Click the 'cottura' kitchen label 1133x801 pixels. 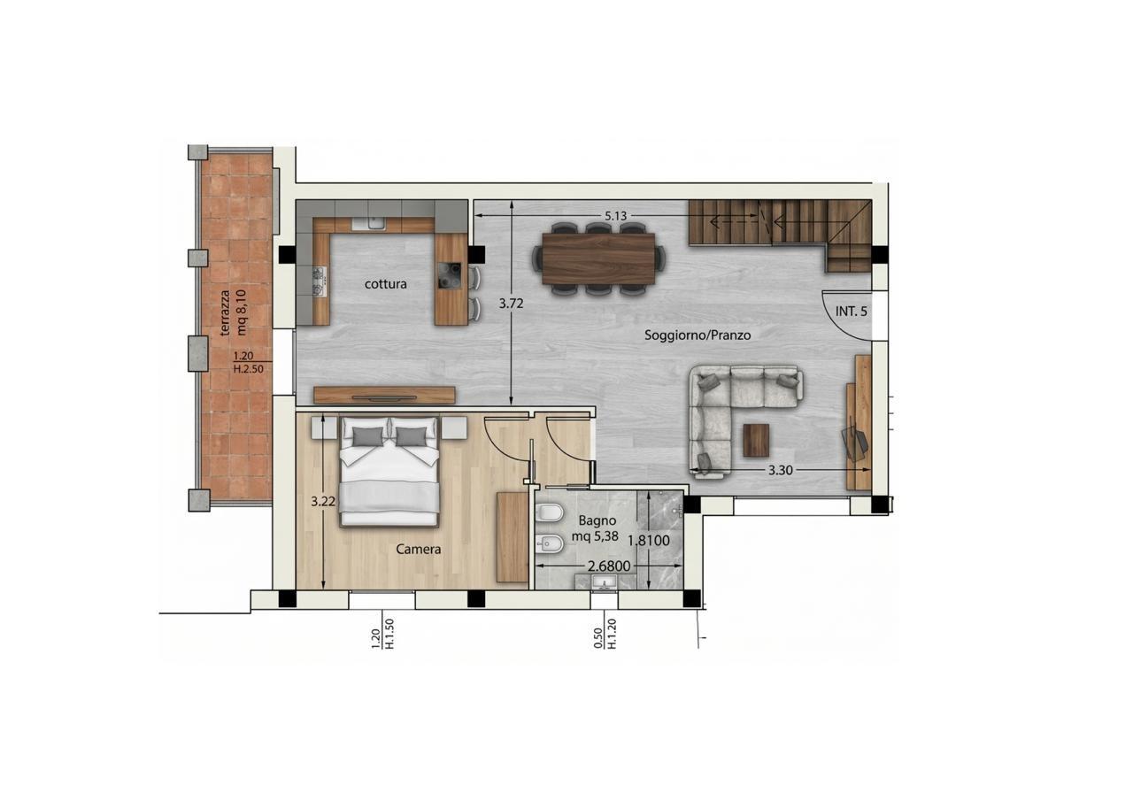[x=385, y=284]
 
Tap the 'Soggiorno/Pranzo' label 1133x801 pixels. [x=698, y=335]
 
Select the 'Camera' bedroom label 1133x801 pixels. [x=419, y=549]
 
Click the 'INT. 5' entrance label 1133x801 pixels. [x=852, y=312]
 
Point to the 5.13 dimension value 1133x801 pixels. [x=615, y=216]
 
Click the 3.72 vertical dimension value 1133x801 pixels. [x=511, y=304]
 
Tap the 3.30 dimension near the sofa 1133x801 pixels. [x=781, y=470]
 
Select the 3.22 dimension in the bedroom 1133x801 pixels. [x=323, y=501]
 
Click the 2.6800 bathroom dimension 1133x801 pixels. [x=609, y=566]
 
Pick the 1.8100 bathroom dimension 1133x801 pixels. [x=649, y=541]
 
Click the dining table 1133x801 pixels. [x=598, y=258]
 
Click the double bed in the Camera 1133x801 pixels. [x=389, y=471]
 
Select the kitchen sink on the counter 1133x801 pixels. [x=369, y=223]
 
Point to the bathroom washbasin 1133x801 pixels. [x=604, y=582]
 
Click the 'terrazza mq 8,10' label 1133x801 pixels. [x=233, y=312]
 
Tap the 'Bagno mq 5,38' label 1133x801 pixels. [x=596, y=528]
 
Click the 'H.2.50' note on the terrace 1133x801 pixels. [x=249, y=369]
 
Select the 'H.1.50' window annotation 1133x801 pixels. [x=389, y=633]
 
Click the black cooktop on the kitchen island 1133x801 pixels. [x=450, y=275]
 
